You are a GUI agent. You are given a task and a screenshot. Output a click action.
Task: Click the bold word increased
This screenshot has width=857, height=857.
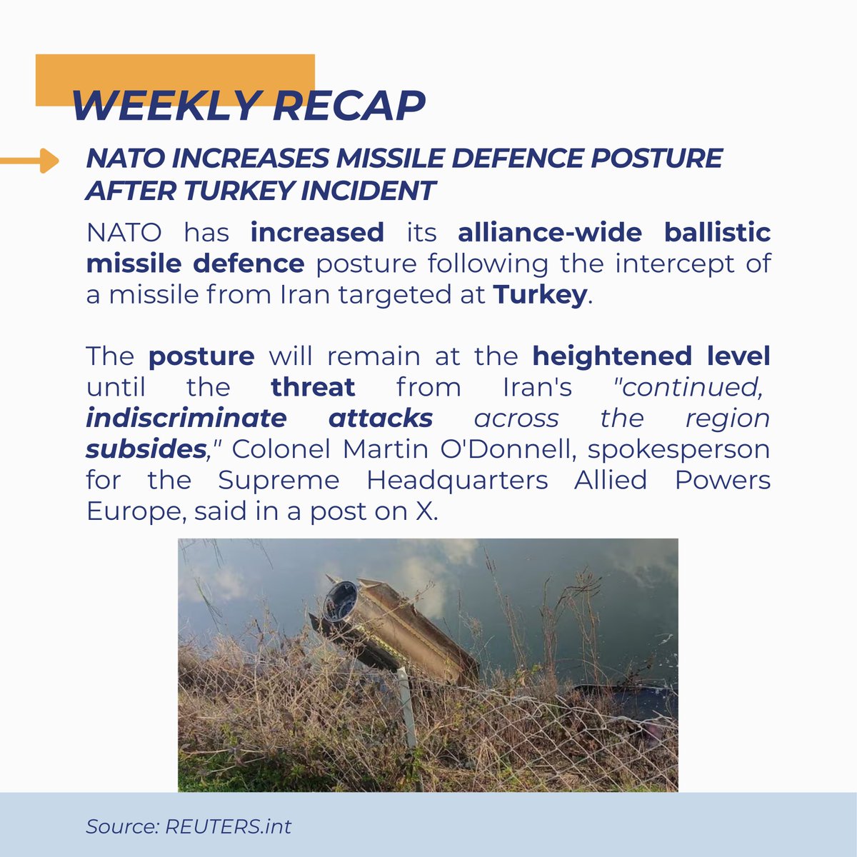point(317,233)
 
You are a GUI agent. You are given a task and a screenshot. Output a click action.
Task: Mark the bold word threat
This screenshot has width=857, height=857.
point(313,387)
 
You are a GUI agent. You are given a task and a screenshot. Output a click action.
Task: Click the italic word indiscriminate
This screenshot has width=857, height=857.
point(186,418)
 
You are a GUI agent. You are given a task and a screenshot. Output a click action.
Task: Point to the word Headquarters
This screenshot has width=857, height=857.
point(457,481)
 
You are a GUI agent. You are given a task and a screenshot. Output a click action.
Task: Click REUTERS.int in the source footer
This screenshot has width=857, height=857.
point(228,827)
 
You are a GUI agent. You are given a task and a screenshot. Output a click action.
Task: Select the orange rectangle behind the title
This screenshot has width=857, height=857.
point(175,71)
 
